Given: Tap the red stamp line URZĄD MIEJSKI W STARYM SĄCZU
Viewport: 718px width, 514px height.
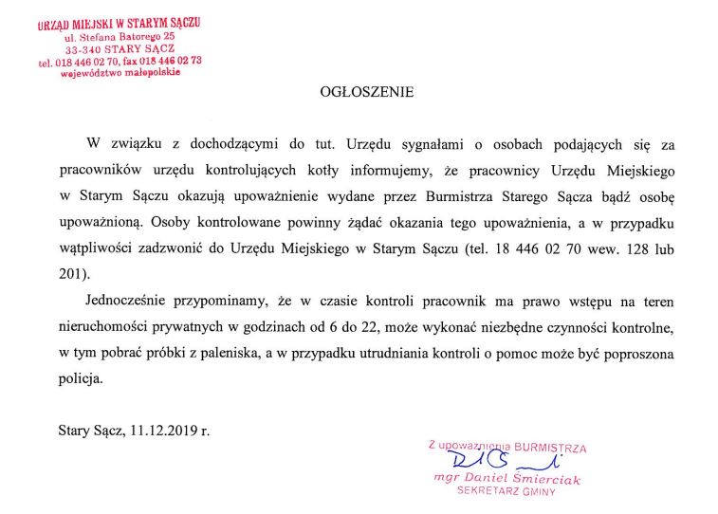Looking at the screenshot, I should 119,23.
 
